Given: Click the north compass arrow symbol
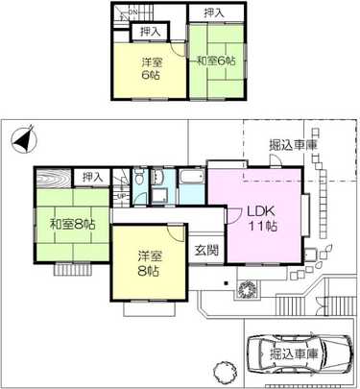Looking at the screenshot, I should [x=25, y=139].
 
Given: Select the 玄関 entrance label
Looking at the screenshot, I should [x=206, y=250].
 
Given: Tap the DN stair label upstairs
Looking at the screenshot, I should [x=134, y=12].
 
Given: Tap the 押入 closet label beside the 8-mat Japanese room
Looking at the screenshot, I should [x=92, y=178].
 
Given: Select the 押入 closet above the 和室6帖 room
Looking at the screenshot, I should [x=214, y=13].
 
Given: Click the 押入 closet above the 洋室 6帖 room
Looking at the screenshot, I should [x=150, y=31].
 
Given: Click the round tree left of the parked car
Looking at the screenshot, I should [x=220, y=372].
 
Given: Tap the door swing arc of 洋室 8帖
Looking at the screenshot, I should [x=176, y=233].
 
